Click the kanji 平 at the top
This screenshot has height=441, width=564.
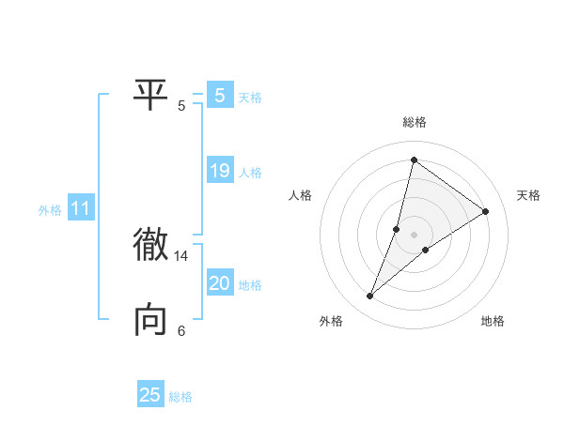(x=150, y=95)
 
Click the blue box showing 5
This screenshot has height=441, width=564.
(x=219, y=95)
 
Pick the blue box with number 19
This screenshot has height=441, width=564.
(x=219, y=171)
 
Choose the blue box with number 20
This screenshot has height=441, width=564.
(x=219, y=283)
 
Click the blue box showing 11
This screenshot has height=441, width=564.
(x=80, y=208)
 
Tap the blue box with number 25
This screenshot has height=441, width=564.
(x=150, y=395)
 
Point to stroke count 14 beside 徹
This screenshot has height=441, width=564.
(x=181, y=255)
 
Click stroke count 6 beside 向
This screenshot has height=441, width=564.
(x=181, y=330)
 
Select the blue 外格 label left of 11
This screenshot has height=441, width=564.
(x=50, y=210)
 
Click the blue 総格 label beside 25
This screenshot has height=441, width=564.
(x=180, y=397)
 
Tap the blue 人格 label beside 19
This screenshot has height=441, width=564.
(x=250, y=173)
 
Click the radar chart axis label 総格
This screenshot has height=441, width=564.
(x=415, y=122)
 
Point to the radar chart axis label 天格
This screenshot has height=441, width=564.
(x=529, y=195)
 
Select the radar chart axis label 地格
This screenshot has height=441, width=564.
(x=493, y=321)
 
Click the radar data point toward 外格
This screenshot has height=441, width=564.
(x=370, y=297)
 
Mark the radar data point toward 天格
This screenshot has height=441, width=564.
(x=486, y=211)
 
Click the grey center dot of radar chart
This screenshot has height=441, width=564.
(x=415, y=234)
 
